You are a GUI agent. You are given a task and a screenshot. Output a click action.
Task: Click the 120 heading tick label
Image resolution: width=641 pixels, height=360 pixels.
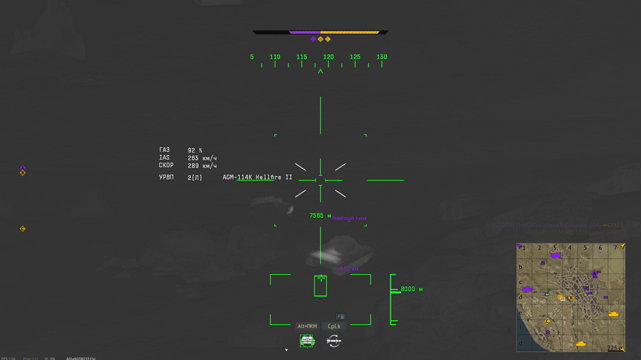(328, 57)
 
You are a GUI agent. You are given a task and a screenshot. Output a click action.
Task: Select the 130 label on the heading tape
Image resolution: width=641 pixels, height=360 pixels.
(381, 57)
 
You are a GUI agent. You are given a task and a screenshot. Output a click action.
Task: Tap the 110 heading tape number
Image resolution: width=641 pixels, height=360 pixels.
(275, 57)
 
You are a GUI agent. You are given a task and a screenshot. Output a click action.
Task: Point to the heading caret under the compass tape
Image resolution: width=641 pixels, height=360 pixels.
(320, 72)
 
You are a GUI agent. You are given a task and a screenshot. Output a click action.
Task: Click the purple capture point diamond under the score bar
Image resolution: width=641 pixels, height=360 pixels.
(313, 39)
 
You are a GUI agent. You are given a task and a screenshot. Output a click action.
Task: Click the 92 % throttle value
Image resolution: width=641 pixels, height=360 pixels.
(195, 151)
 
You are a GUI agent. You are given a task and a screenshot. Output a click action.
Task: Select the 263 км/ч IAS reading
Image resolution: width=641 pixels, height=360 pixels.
(202, 158)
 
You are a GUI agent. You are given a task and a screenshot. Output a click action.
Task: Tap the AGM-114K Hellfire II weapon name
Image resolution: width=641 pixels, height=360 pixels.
(257, 177)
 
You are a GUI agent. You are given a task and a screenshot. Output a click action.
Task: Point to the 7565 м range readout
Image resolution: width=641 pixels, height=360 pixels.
(320, 216)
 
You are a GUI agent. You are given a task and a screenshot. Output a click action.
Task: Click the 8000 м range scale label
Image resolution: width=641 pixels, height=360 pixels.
(412, 290)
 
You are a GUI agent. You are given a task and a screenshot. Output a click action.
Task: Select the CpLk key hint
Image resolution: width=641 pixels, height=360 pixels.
(334, 327)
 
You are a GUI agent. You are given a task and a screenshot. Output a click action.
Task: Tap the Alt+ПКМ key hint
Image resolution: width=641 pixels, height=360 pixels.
(307, 327)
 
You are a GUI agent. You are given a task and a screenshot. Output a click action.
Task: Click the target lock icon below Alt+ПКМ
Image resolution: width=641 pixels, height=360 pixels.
(307, 341)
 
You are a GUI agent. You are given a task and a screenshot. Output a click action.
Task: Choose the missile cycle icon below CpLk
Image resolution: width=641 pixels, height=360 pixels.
(334, 341)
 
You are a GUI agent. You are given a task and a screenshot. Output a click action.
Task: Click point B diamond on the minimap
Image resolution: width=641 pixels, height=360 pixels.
(570, 298)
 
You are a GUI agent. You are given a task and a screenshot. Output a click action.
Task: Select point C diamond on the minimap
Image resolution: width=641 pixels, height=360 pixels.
(547, 322)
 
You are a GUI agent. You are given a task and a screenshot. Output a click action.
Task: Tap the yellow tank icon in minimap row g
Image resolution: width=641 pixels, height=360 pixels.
(581, 344)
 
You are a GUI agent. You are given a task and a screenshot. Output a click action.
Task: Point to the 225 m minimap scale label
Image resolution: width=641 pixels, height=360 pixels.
(615, 348)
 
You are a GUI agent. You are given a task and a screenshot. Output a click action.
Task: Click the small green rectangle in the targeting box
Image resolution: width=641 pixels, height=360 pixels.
(320, 286)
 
